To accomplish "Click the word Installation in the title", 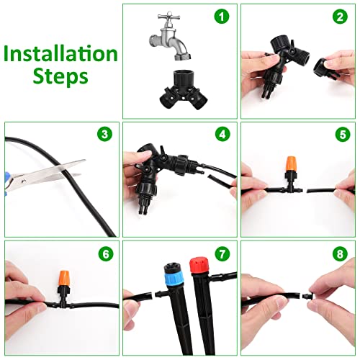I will click(x=60, y=53).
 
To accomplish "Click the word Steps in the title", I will click(x=60, y=76).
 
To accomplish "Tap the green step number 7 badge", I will click(x=222, y=253).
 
